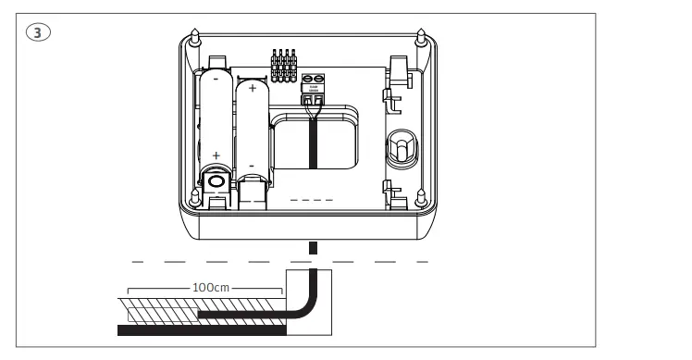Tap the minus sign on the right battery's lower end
coord(251,166)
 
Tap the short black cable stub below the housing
coord(312,248)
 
